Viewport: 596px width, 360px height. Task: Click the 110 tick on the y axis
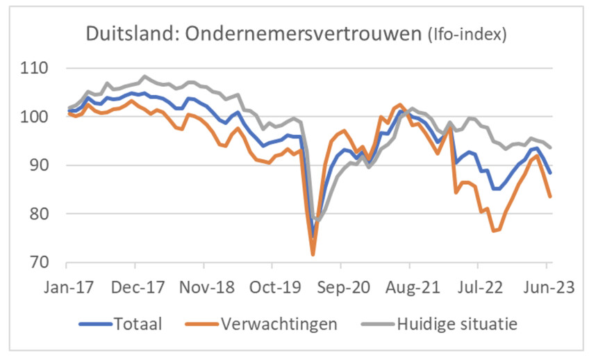coord(34,69)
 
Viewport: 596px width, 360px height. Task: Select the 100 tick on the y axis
coord(34,117)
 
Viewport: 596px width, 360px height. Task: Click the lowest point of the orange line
coord(313,254)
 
